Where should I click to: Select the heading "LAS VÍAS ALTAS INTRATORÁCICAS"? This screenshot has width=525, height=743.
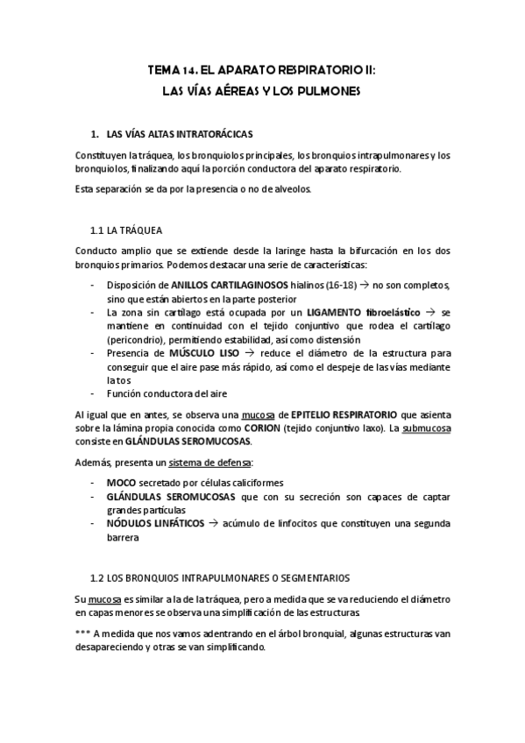[178, 135]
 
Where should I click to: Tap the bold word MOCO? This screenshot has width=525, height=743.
[121, 483]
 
